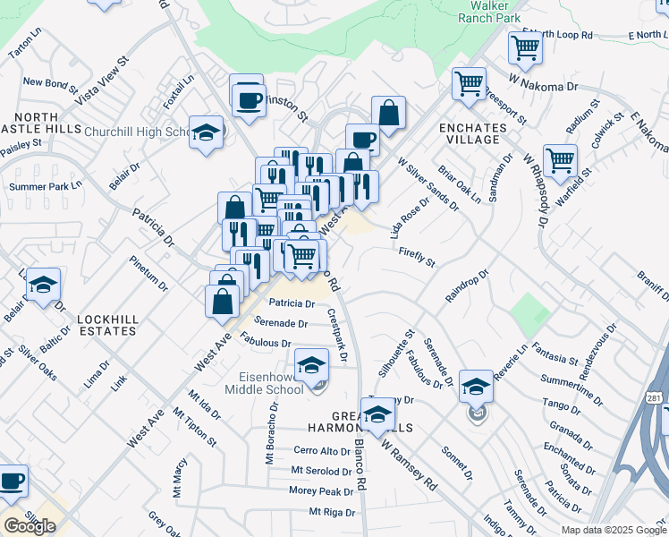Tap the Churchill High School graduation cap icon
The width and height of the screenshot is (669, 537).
point(206,133)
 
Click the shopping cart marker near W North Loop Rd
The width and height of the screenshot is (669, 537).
point(525,47)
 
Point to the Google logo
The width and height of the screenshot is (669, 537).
point(30,525)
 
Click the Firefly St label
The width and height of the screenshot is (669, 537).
point(417,258)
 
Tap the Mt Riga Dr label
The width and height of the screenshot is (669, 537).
point(332,512)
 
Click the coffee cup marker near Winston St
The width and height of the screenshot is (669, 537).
point(248,98)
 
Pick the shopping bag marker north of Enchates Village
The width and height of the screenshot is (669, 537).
point(388,114)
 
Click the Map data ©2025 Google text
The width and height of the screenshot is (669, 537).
point(614,530)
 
